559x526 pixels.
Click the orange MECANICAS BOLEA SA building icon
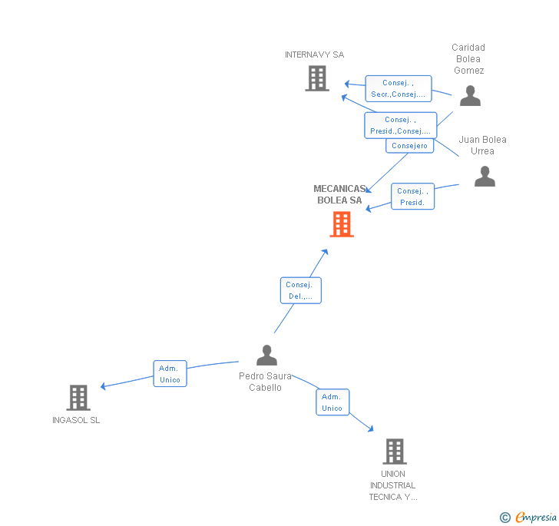[342, 224]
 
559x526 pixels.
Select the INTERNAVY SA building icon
[316, 78]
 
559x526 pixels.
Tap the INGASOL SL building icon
[78, 398]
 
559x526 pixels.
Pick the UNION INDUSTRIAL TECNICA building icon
[394, 452]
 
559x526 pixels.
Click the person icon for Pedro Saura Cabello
[266, 356]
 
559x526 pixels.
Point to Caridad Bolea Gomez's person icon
[470, 96]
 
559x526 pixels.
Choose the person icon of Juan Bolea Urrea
[485, 177]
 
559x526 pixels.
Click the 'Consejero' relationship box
[409, 146]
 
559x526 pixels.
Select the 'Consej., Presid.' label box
[412, 197]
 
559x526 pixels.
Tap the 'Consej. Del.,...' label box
[300, 290]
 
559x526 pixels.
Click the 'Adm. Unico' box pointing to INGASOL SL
[170, 374]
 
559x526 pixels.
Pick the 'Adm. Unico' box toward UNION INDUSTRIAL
[332, 402]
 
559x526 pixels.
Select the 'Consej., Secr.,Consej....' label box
[398, 88]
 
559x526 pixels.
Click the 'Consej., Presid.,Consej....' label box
[400, 125]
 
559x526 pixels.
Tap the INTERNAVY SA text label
[314, 55]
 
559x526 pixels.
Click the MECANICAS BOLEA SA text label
[339, 194]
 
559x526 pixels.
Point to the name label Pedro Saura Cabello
[265, 382]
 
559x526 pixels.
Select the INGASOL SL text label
[76, 420]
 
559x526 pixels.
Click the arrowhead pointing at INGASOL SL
[103, 386]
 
